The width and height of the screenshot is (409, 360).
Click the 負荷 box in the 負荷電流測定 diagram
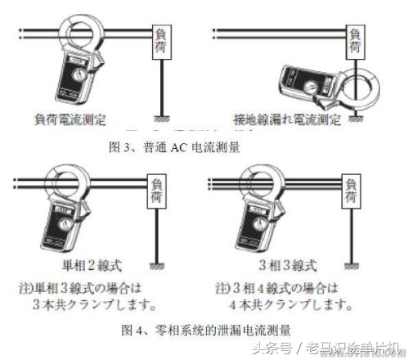pos(159,41)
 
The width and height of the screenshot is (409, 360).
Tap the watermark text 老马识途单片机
pos(357,347)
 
